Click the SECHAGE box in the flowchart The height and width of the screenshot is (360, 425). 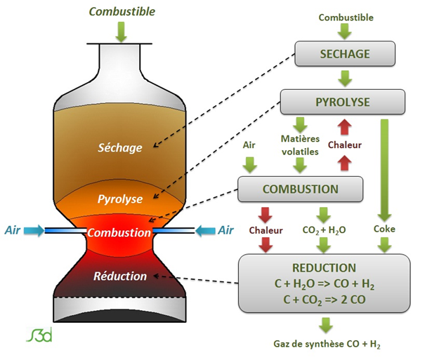coord(344,54)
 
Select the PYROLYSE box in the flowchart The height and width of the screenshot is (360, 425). coord(344,102)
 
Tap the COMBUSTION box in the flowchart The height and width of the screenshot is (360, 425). coord(301,189)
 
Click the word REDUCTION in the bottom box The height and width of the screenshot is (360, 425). coord(323,268)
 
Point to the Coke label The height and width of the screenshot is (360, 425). coord(384,229)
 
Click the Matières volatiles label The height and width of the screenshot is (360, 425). coord(300,145)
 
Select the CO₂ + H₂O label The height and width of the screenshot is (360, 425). coord(323,229)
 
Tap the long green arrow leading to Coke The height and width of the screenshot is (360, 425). coord(384,168)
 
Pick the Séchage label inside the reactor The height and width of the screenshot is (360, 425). coord(120,147)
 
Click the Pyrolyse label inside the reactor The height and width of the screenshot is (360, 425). coord(120,199)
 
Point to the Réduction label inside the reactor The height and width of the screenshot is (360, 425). coord(120,276)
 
